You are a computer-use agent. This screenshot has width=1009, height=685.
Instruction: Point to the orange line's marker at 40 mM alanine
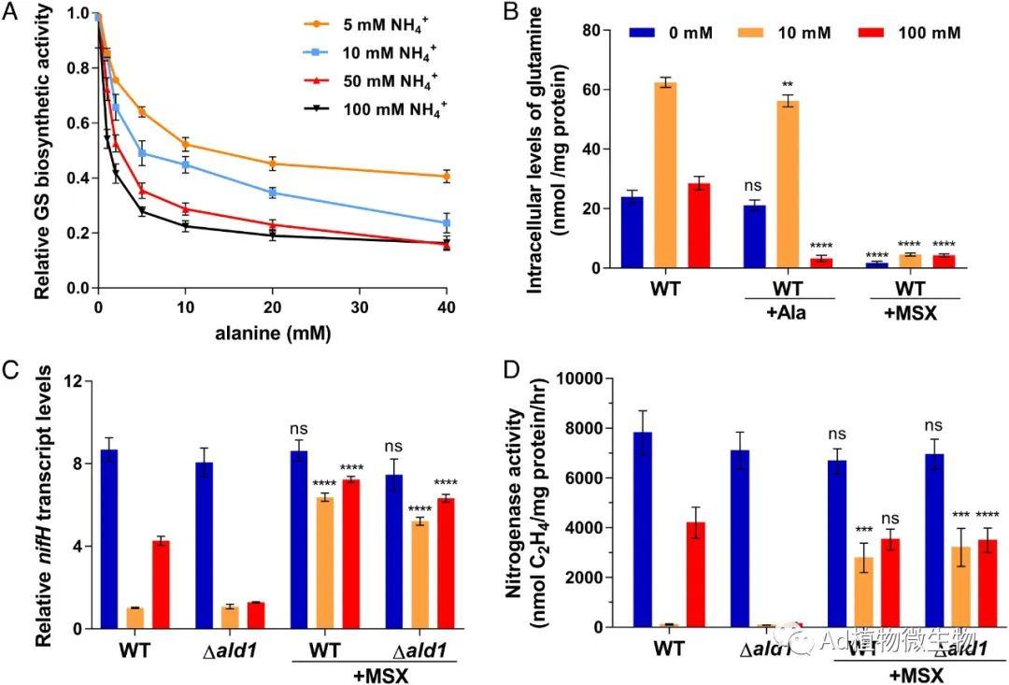click(447, 177)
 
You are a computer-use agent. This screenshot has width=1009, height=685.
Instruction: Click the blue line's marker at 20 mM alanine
click(272, 193)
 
